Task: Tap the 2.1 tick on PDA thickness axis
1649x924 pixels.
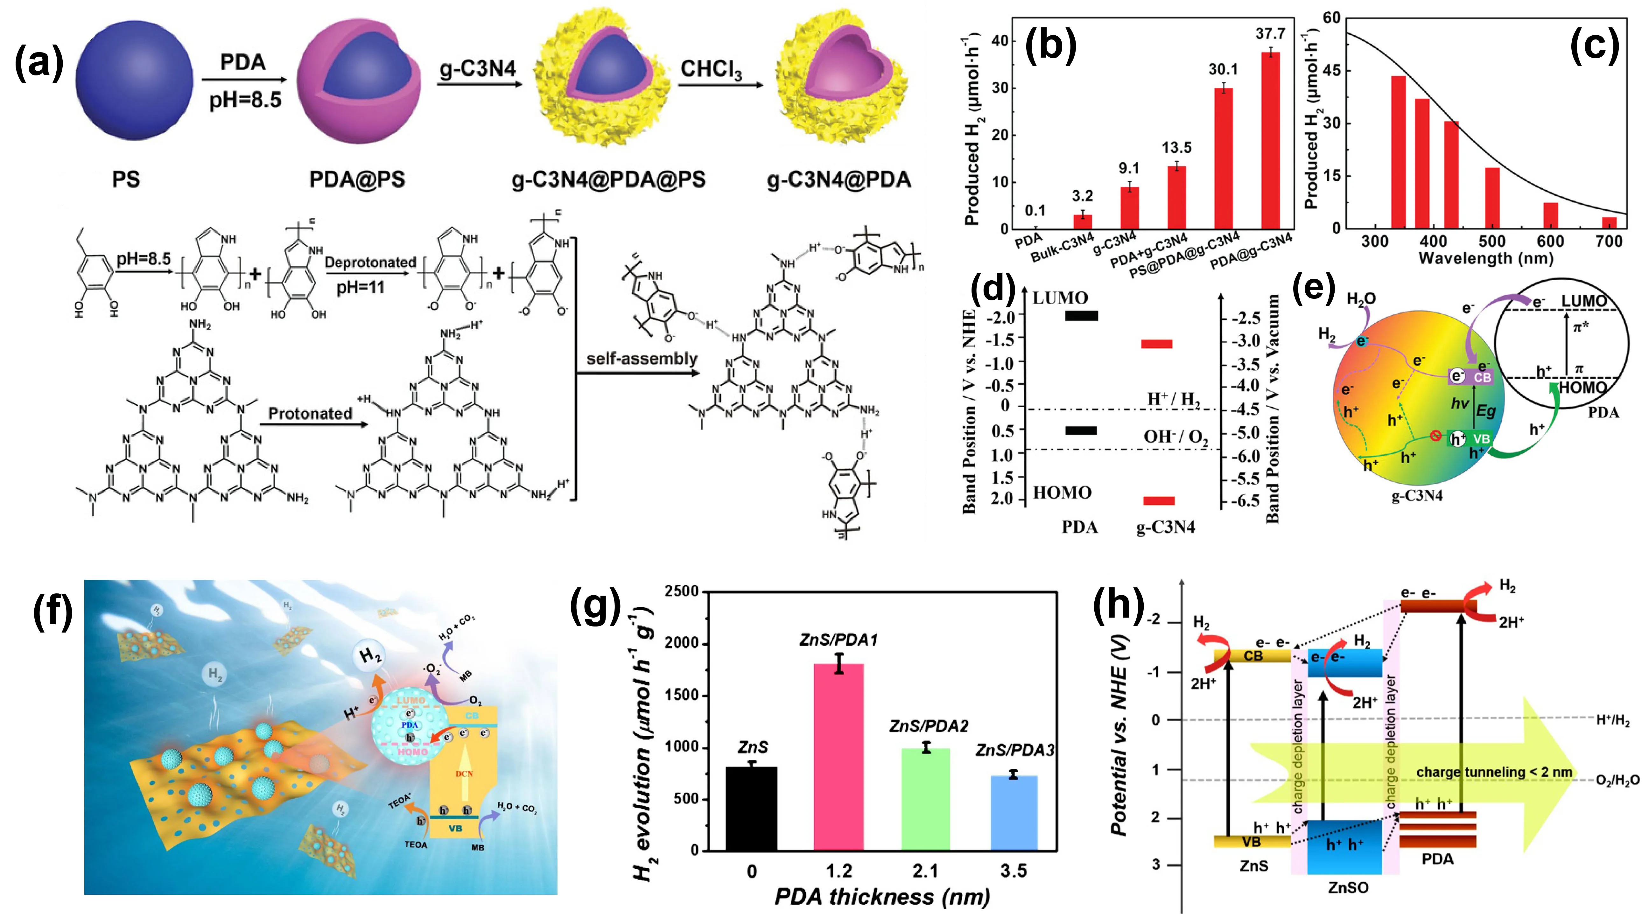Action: click(x=926, y=871)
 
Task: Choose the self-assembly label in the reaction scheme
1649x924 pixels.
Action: click(x=642, y=358)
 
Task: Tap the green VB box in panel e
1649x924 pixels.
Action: click(x=1471, y=439)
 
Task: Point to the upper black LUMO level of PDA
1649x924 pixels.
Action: click(x=1081, y=315)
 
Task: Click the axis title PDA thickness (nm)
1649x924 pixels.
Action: click(x=882, y=897)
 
